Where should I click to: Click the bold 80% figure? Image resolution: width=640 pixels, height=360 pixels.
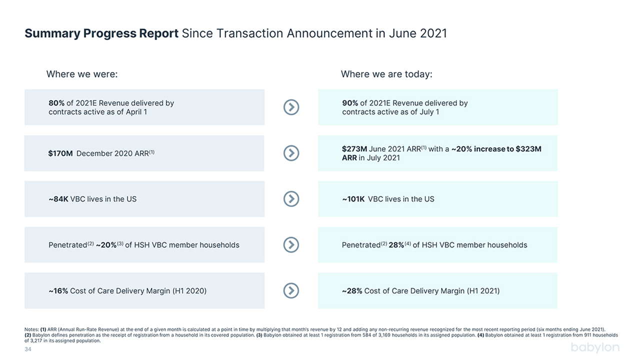coord(56,103)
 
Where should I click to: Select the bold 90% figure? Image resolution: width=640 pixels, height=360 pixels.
coord(350,103)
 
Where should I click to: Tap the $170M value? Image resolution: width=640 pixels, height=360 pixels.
coord(60,153)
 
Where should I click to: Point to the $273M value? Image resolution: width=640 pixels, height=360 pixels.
coord(354,149)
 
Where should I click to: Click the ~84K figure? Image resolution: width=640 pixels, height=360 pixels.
coord(58,199)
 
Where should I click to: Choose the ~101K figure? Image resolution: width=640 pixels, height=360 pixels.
coord(353,199)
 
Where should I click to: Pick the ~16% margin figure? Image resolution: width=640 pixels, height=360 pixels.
coord(58,291)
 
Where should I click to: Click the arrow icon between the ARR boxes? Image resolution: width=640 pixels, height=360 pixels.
coord(291,153)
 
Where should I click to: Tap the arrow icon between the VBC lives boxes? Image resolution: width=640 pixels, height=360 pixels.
coord(291,199)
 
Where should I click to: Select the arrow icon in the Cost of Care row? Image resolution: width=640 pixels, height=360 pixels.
coord(291,290)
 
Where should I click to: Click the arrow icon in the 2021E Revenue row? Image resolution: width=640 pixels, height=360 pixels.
coord(291,107)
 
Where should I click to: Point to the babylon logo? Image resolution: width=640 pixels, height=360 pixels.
coord(595,347)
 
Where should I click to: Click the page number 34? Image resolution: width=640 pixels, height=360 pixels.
coord(27,349)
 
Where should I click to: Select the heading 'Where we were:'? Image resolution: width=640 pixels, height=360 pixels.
coord(82,74)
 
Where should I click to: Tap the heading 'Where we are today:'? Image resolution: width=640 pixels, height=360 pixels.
coord(386,74)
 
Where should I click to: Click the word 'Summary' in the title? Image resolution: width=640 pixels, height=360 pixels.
coord(52,33)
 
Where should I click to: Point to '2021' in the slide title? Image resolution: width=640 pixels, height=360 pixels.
coord(433,33)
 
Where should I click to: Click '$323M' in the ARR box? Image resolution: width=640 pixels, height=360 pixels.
coord(528,149)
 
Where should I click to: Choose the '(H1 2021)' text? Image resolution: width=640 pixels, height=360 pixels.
coord(483,291)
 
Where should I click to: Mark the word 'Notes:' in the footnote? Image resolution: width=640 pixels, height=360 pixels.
coord(31,329)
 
